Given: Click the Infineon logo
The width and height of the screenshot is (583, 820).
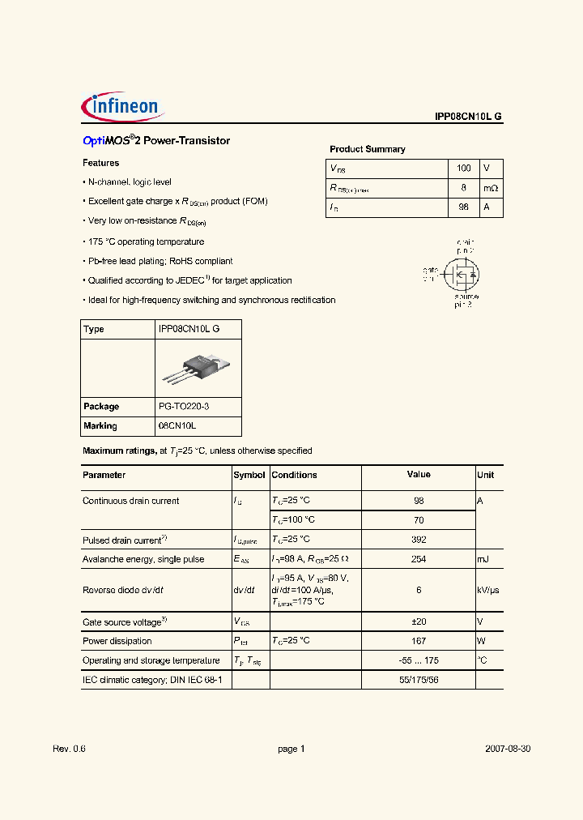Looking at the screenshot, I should pos(122,108).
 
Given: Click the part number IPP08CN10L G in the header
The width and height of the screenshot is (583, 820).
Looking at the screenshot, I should pos(468,117).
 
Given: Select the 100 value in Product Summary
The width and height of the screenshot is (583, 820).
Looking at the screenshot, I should pos(463,169).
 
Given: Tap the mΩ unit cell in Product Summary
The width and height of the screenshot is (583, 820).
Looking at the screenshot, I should pos(491,188).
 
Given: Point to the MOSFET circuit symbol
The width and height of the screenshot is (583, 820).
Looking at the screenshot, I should pos(460,275).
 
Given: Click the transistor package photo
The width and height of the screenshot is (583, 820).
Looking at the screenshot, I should pos(195,369).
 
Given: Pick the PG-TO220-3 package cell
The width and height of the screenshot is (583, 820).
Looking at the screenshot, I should pos(188,407).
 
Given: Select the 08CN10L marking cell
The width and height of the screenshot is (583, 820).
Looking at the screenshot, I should pos(177,426).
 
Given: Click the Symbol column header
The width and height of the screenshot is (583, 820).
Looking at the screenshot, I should pos(249,476).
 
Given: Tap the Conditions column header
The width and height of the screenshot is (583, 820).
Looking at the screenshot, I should pos(294,476).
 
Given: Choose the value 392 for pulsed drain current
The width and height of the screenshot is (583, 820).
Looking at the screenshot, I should pos(418,540).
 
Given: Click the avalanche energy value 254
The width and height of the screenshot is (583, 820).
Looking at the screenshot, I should pos(418,559).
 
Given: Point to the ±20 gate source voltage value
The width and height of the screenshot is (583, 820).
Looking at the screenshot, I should pos(418,621).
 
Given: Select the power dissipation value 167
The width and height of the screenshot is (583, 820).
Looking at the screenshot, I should pos(418,641).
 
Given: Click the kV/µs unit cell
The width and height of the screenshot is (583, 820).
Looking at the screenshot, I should pos(489,591).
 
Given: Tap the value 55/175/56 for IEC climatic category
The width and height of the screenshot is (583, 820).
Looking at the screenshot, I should pos(418,680).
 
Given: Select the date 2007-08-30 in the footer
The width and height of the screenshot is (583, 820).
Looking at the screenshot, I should pos(507,750).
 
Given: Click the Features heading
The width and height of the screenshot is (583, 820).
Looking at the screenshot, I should pos(101,163).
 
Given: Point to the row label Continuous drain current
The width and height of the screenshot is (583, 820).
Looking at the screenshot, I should pos(131,501).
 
